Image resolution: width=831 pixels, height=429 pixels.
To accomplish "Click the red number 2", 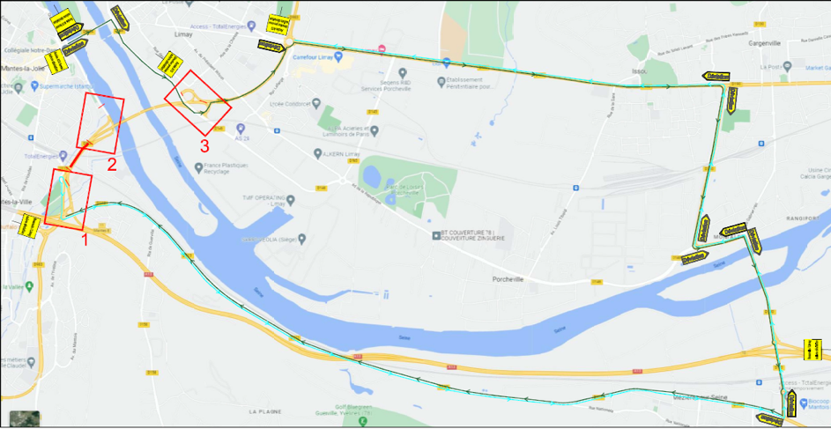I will pos(112,164).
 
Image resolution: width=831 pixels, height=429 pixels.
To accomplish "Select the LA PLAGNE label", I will pos(263,411).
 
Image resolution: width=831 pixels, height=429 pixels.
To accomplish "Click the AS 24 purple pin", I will pos(240,128).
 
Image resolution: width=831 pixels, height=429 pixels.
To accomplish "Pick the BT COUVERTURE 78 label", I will pos(473,235).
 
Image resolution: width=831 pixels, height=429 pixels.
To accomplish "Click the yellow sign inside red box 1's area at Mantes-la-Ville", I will pos(27,226).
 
